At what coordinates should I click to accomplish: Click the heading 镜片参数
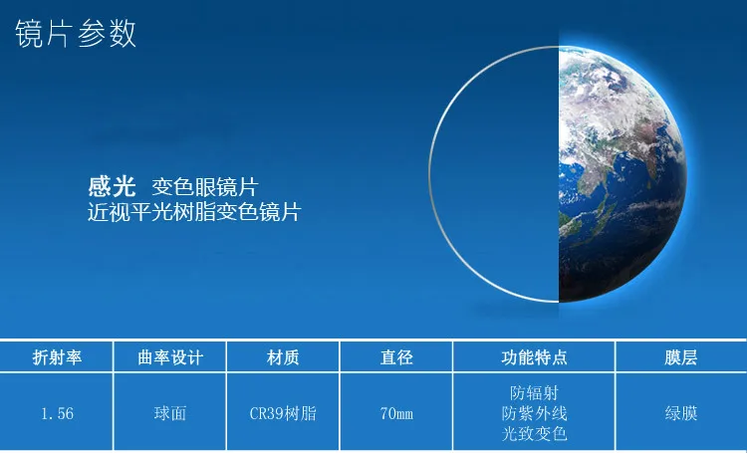(76, 34)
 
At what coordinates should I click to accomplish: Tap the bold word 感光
(112, 186)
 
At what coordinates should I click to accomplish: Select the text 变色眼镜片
(205, 187)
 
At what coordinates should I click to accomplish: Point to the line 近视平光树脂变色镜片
(194, 212)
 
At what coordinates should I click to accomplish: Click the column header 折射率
(57, 357)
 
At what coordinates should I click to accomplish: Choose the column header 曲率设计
(170, 357)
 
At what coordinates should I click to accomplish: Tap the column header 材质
(283, 357)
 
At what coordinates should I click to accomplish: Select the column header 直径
(396, 357)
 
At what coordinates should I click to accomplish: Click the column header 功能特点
(534, 357)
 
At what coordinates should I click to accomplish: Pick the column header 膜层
(681, 357)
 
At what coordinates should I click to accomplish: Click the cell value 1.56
(57, 413)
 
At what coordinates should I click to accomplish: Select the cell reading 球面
(170, 413)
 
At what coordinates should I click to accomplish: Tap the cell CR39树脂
(283, 413)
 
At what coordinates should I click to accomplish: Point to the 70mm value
(396, 413)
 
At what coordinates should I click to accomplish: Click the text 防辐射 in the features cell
(534, 393)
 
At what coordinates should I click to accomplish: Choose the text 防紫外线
(534, 413)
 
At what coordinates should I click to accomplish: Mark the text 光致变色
(534, 433)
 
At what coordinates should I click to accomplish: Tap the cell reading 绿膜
(681, 413)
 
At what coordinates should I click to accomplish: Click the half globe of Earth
(620, 174)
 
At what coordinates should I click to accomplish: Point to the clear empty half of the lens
(495, 174)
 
